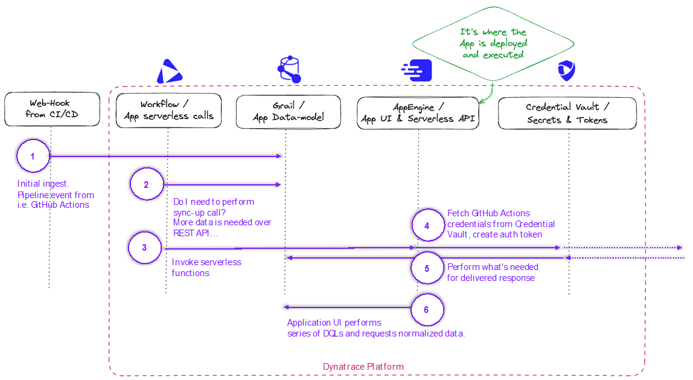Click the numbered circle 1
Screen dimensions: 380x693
click(x=33, y=156)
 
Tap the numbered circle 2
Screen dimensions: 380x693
click(x=146, y=185)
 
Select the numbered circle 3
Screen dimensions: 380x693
click(x=144, y=248)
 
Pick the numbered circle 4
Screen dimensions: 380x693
click(x=427, y=226)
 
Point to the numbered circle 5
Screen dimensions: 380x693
click(x=427, y=269)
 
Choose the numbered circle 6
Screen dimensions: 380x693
click(x=427, y=310)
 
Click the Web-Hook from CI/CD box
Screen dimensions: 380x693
click(x=52, y=109)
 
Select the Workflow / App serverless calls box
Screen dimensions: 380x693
click(x=168, y=111)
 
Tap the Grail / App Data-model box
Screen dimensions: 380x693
click(x=288, y=112)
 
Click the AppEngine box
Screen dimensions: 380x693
click(x=418, y=113)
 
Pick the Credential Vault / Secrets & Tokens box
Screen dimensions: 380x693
click(x=567, y=113)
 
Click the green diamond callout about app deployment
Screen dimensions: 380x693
click(x=493, y=43)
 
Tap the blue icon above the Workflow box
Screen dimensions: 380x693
click(x=168, y=72)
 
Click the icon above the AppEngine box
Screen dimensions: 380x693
click(x=417, y=70)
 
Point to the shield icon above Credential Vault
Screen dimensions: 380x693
click(x=566, y=71)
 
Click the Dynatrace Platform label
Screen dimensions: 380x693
click(x=363, y=367)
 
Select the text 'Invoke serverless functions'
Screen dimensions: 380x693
click(x=206, y=267)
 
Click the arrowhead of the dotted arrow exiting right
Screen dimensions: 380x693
click(x=680, y=248)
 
